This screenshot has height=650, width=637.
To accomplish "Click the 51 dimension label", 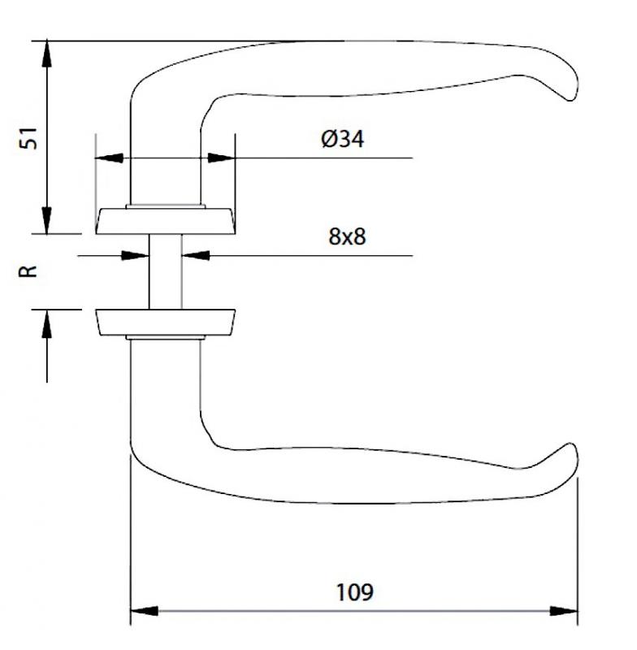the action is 29,138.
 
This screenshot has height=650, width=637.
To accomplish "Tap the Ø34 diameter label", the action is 342,139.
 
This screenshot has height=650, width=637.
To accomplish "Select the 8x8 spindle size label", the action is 347,236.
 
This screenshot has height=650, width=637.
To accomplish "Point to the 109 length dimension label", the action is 355,592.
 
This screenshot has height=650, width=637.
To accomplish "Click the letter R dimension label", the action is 28,271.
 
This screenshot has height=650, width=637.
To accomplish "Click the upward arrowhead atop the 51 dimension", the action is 47,53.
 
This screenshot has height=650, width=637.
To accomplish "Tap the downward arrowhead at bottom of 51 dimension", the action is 47,221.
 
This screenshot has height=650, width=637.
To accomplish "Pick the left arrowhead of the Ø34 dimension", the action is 109,158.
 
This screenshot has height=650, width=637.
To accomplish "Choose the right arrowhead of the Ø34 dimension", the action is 221,158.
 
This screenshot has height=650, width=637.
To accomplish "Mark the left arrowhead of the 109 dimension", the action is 145,611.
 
